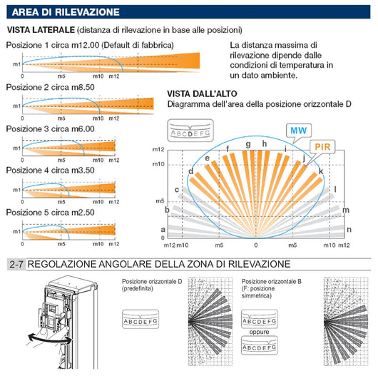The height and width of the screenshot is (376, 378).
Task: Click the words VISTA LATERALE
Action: click(x=36, y=30)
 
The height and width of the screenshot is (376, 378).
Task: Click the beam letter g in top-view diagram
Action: click(x=247, y=144)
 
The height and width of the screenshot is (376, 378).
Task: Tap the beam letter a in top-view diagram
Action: click(x=163, y=229)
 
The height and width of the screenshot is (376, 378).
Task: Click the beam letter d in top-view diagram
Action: click(x=191, y=171)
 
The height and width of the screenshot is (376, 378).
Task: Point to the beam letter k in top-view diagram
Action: click(x=321, y=171)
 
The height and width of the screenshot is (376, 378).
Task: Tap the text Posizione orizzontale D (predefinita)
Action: click(x=152, y=285)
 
